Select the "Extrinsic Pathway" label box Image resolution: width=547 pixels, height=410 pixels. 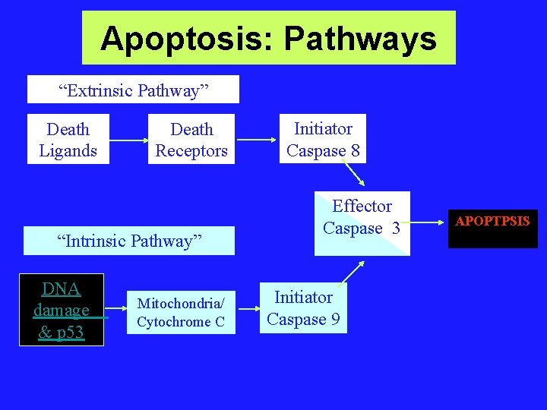click(x=133, y=90)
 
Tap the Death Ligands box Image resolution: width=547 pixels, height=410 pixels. click(x=68, y=140)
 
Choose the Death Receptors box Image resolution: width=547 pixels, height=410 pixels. click(x=191, y=140)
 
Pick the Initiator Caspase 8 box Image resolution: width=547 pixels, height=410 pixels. click(x=323, y=140)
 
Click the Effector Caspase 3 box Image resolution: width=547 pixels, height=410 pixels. click(x=362, y=223)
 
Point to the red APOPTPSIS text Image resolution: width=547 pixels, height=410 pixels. click(x=492, y=222)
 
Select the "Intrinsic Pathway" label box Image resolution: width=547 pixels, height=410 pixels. click(x=130, y=241)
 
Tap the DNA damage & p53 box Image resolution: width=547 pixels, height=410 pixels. click(x=61, y=310)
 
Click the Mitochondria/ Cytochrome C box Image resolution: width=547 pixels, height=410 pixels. click(x=181, y=312)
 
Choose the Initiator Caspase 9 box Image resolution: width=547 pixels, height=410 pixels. click(x=303, y=308)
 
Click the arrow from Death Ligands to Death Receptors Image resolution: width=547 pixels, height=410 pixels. click(x=128, y=140)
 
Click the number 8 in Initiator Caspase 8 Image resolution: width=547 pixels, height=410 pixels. click(x=355, y=150)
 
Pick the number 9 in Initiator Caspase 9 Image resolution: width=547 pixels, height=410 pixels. click(x=334, y=319)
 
